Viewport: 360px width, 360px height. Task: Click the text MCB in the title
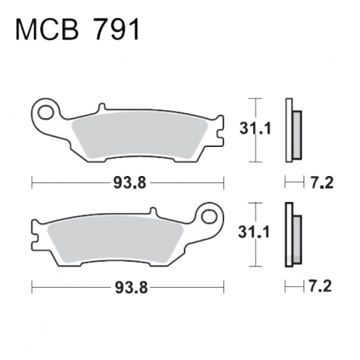[47, 30]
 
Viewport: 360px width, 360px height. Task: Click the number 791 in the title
[116, 30]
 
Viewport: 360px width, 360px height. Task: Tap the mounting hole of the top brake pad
[45, 112]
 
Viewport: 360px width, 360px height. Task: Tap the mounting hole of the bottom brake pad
[210, 216]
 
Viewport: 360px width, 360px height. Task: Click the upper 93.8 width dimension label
[130, 182]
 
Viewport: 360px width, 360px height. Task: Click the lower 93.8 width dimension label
[131, 288]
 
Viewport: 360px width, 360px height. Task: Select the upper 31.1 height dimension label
[255, 129]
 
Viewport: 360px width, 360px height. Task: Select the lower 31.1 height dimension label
[254, 232]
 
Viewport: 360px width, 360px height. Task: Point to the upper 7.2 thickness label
[322, 182]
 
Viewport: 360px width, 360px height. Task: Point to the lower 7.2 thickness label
[320, 286]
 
